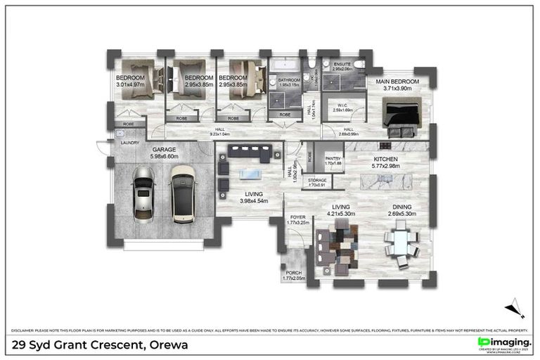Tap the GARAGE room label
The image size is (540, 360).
coord(165,149)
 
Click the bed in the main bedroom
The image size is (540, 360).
coord(401,115)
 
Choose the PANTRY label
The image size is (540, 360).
coord(333,159)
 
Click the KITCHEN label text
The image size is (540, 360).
coord(385,160)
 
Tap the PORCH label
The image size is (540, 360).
coord(294,273)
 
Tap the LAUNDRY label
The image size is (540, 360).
coord(130,143)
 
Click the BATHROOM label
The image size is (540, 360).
coord(288,80)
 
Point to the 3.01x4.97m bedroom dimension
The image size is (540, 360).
coord(130,85)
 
